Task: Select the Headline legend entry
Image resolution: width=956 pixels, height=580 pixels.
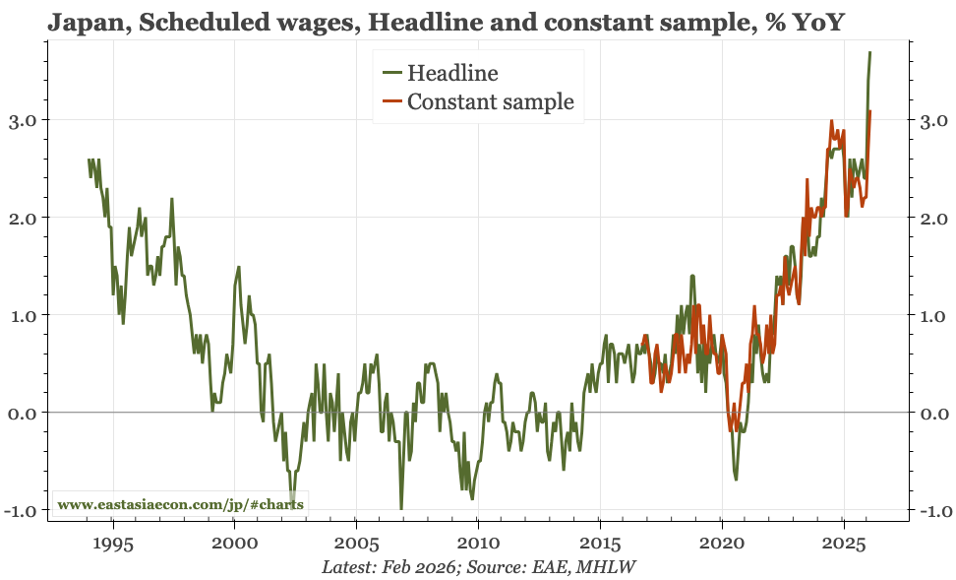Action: (x=451, y=73)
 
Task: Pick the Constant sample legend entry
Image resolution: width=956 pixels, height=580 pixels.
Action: (x=490, y=101)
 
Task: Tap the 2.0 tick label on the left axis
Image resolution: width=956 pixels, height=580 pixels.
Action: (x=24, y=218)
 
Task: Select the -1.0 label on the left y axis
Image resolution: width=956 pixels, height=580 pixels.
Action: (x=21, y=510)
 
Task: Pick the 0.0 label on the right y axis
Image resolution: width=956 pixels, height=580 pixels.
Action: (x=933, y=413)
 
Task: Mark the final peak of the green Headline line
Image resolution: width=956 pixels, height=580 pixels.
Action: (x=869, y=52)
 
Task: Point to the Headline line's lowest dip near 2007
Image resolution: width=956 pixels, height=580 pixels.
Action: (x=400, y=508)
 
